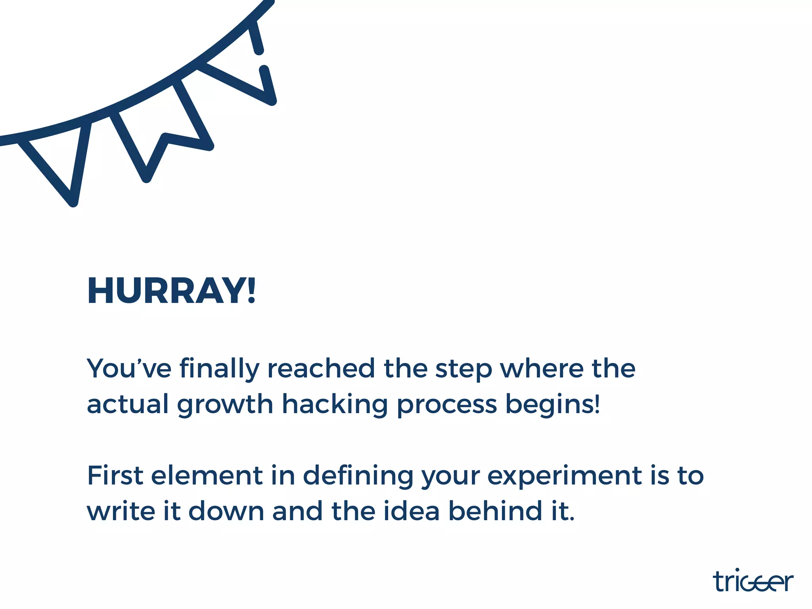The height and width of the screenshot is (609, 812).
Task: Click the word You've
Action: (x=129, y=369)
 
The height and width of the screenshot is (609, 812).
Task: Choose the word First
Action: (x=115, y=475)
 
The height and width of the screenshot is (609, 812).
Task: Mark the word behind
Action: (x=496, y=511)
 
